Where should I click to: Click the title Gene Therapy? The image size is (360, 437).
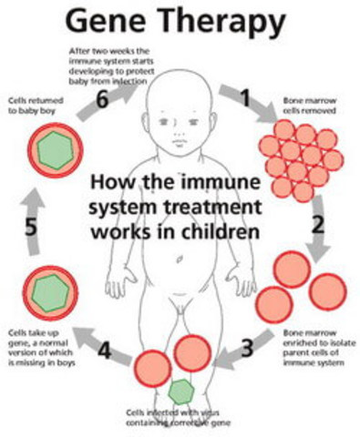(x=179, y=20)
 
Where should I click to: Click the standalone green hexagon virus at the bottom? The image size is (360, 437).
(x=182, y=391)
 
